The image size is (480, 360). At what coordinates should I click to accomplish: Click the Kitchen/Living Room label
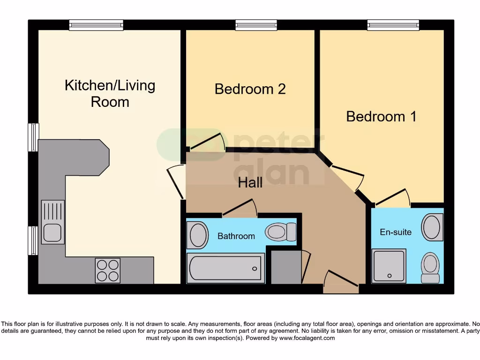pyautogui.click(x=110, y=93)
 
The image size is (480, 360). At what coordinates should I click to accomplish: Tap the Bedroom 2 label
pyautogui.click(x=250, y=89)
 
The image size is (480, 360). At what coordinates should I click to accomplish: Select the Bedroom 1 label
pyautogui.click(x=381, y=116)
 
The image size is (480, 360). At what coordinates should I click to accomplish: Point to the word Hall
pyautogui.click(x=250, y=182)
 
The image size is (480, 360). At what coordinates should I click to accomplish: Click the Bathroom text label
pyautogui.click(x=236, y=236)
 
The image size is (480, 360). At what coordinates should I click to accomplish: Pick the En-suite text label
pyautogui.click(x=396, y=232)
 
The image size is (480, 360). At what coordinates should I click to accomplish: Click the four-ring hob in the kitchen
pyautogui.click(x=108, y=270)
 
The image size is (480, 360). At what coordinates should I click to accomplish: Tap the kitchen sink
pyautogui.click(x=52, y=222)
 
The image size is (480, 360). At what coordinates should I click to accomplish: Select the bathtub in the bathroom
pyautogui.click(x=225, y=268)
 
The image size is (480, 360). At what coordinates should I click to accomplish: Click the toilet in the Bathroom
pyautogui.click(x=280, y=231)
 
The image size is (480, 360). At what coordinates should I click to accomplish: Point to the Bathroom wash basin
pyautogui.click(x=198, y=235)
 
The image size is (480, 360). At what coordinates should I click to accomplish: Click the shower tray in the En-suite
pyautogui.click(x=389, y=266)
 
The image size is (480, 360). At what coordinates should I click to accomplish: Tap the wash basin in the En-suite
pyautogui.click(x=432, y=227)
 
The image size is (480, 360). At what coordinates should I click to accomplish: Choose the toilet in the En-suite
pyautogui.click(x=430, y=267)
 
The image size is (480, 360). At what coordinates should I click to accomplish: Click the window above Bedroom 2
pyautogui.click(x=256, y=25)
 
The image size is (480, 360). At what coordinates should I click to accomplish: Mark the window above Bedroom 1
pyautogui.click(x=393, y=25)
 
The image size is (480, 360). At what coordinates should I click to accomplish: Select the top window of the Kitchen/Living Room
pyautogui.click(x=96, y=25)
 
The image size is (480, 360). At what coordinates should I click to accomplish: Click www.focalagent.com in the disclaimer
pyautogui.click(x=307, y=338)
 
